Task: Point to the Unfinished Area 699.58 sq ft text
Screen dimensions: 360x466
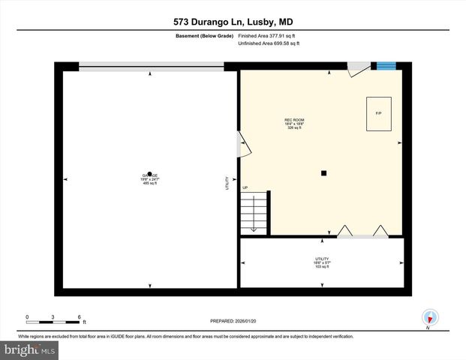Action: [269, 43]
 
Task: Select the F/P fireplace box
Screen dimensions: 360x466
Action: [378, 113]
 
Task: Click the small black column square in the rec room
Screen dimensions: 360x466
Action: [323, 173]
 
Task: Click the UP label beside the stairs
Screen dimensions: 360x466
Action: [245, 187]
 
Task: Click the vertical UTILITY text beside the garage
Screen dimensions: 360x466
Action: [227, 184]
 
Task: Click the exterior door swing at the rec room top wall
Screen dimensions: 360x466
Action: [358, 69]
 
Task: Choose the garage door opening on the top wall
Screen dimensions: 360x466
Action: [151, 67]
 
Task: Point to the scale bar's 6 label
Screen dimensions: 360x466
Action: [80, 316]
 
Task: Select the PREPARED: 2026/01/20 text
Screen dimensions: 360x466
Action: [233, 321]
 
